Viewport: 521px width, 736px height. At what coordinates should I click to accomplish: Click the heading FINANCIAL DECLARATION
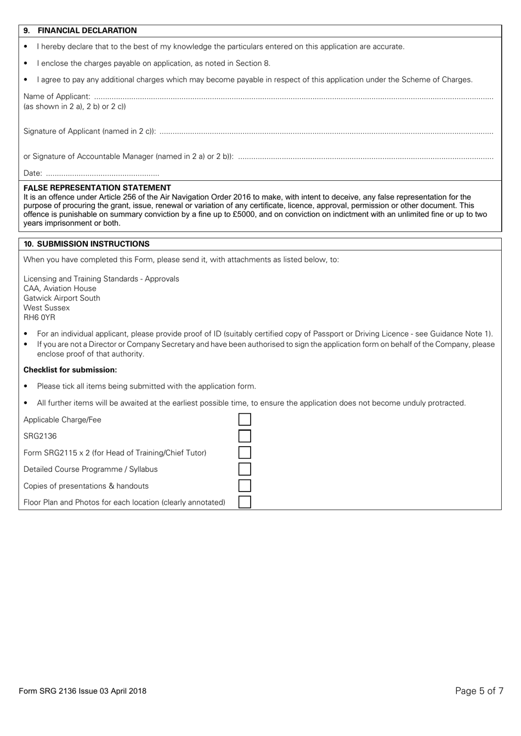87,31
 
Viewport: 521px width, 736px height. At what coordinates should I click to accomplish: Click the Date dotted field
102,174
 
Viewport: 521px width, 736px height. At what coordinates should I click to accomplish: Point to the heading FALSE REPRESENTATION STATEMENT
97,188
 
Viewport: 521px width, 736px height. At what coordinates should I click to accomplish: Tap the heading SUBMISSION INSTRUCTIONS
93,244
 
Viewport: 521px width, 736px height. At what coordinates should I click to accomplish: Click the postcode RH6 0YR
39,317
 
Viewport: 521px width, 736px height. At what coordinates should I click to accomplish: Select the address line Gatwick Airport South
62,298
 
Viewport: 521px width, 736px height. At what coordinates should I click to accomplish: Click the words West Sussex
47,308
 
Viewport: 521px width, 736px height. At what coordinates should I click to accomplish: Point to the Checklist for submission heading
70,370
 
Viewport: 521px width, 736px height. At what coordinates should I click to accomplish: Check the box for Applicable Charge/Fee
245,420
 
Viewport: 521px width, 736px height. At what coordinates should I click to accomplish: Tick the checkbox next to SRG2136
245,436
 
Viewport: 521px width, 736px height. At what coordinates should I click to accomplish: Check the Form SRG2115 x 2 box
245,453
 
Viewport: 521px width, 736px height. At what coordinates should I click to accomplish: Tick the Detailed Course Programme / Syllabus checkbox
245,469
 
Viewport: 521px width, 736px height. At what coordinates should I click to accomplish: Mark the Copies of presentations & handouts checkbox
245,486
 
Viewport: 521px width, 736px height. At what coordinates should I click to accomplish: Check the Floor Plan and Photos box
245,502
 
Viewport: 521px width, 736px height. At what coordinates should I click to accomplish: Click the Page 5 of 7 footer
479,691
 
